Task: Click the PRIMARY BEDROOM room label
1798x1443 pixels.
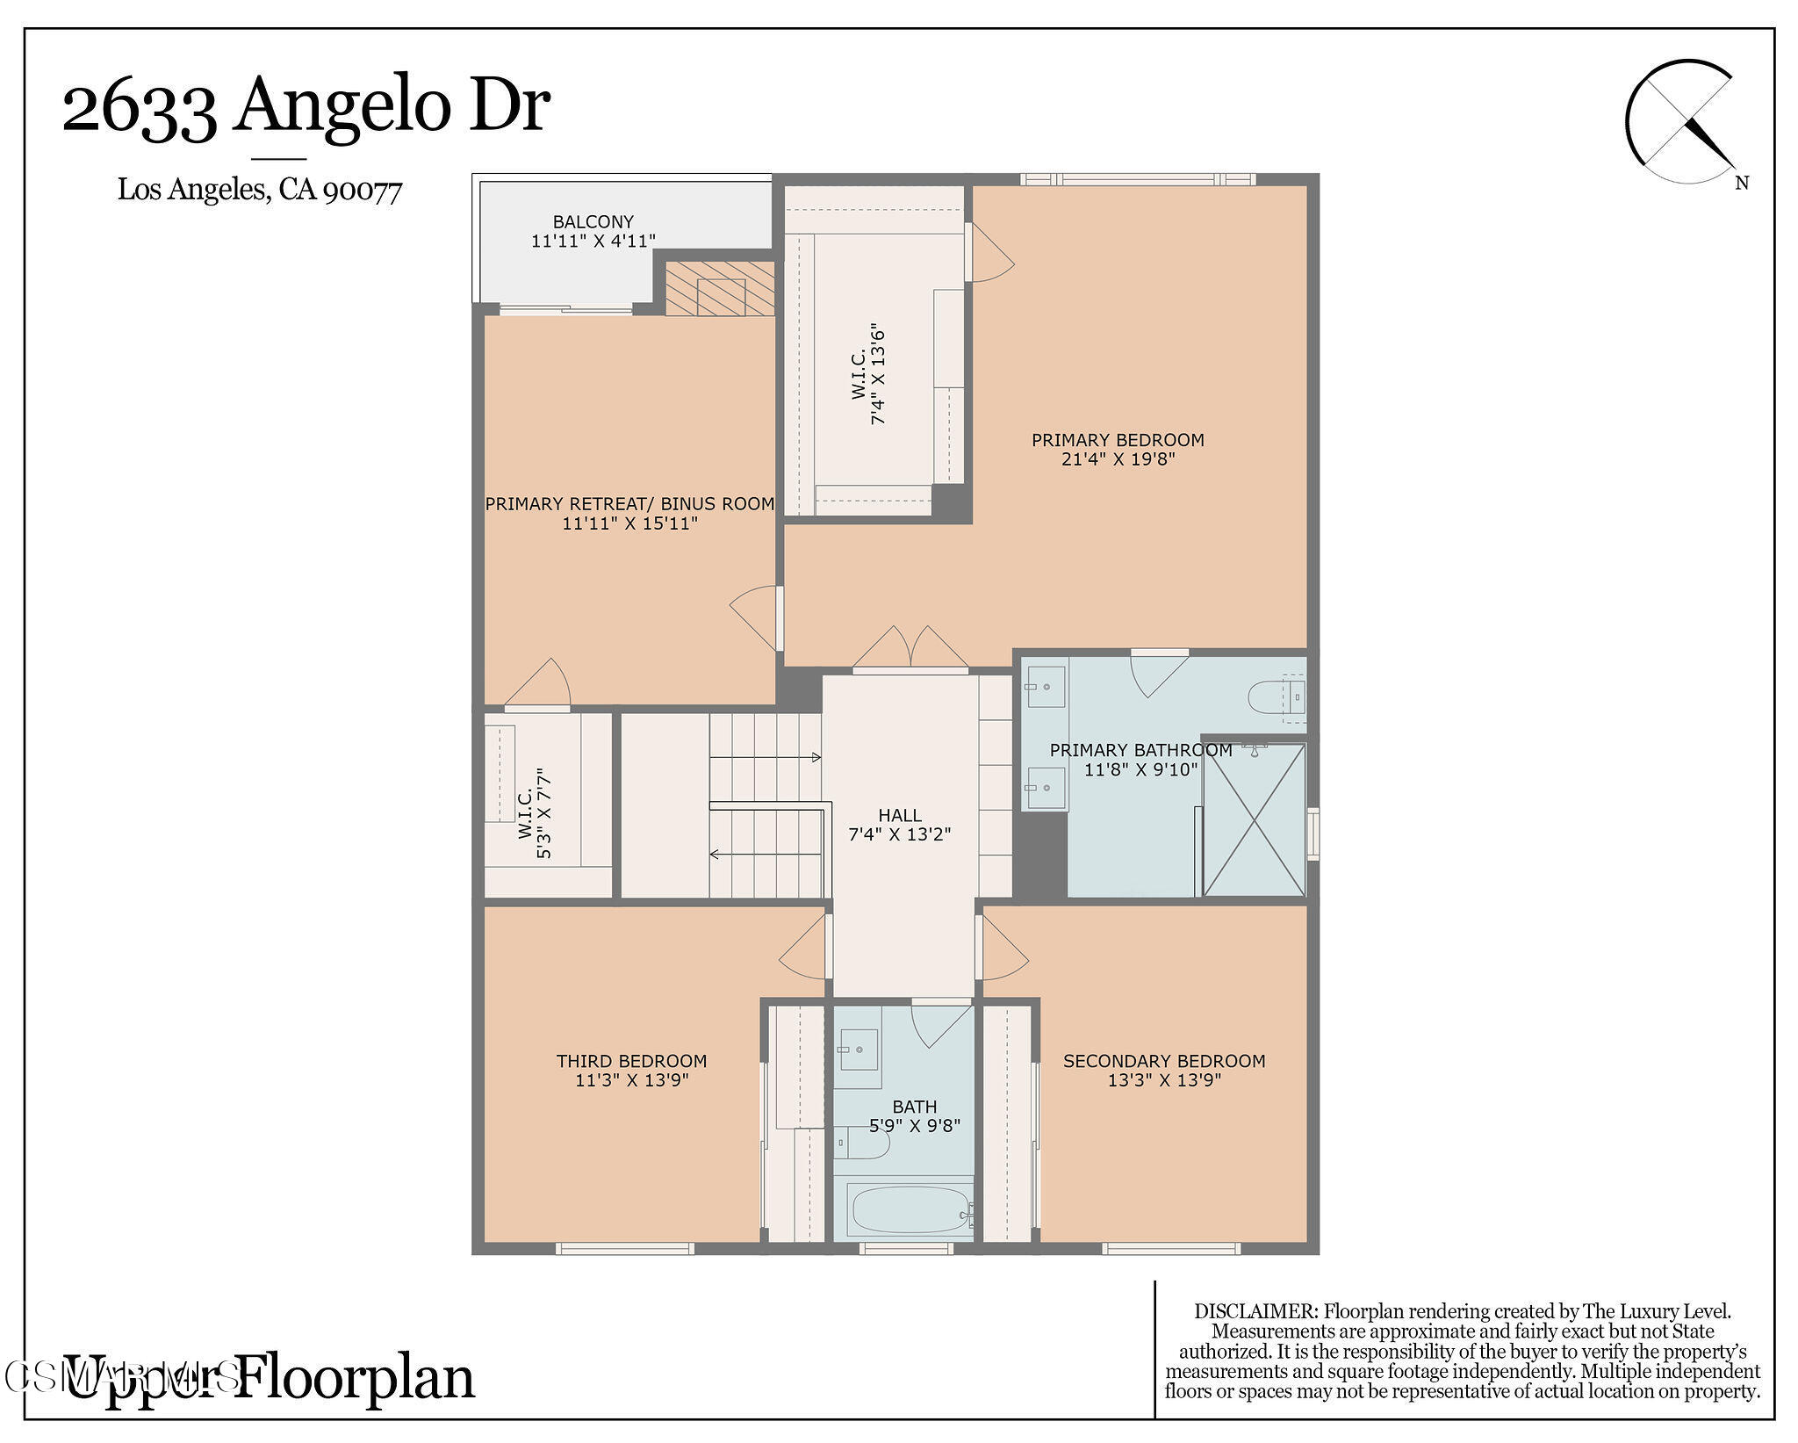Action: tap(1117, 440)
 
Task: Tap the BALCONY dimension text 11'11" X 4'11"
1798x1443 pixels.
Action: tap(593, 241)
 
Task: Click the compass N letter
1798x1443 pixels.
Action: tap(1742, 184)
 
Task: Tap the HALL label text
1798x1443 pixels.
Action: tap(899, 816)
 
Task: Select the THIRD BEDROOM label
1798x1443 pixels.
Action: tap(631, 1061)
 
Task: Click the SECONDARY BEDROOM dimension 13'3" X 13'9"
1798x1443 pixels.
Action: tap(1164, 1080)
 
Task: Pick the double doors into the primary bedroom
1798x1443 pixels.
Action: tap(910, 649)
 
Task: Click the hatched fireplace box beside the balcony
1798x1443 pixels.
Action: tap(720, 289)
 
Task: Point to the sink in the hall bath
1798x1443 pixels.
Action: tap(858, 1050)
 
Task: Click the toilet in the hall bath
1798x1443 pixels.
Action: tap(861, 1143)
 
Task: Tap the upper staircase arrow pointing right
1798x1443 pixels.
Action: tap(765, 757)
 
